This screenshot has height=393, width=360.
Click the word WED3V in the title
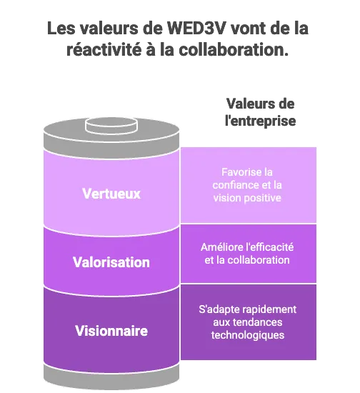(x=197, y=28)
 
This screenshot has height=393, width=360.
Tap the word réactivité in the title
(x=104, y=49)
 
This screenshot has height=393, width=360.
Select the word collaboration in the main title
(x=234, y=49)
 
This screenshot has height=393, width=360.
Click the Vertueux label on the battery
(x=111, y=194)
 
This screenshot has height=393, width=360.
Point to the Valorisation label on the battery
(x=111, y=262)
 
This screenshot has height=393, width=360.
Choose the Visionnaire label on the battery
(x=111, y=331)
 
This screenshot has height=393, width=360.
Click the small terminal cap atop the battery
(x=111, y=125)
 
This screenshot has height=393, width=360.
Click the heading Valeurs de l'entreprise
(x=260, y=112)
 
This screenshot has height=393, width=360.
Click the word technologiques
(x=248, y=335)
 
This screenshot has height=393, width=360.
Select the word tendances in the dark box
(x=257, y=322)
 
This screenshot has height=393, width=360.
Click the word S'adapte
(x=224, y=309)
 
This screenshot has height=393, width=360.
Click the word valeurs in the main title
(x=109, y=28)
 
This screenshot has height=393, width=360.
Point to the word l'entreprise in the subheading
(x=260, y=121)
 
